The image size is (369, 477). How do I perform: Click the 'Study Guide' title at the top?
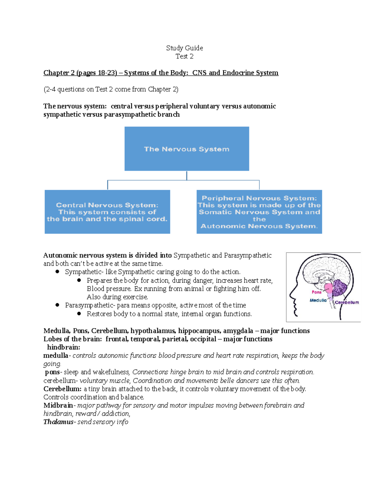tap(184, 48)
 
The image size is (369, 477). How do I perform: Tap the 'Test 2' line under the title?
tap(184, 56)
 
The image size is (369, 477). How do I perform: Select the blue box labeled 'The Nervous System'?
tap(187, 149)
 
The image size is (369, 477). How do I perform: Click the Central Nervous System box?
tap(107, 212)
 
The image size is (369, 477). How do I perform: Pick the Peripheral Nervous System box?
tap(259, 212)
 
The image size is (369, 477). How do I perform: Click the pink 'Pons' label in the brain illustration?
tap(316, 292)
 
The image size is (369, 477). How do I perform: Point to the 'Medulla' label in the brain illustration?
tap(318, 300)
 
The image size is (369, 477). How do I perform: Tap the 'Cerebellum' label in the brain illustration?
tap(347, 303)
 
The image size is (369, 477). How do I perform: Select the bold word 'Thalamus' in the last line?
tap(58, 422)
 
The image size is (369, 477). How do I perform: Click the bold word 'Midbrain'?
tap(58, 405)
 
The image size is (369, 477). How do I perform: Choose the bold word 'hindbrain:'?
tap(63, 347)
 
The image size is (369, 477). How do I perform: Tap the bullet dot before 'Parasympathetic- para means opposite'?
tap(57, 305)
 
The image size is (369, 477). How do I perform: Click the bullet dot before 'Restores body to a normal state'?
tap(79, 314)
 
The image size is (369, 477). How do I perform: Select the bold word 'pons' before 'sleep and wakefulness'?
tap(52, 372)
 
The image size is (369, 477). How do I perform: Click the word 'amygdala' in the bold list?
tap(238, 331)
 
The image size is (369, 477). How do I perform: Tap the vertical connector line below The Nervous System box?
tap(187, 175)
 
